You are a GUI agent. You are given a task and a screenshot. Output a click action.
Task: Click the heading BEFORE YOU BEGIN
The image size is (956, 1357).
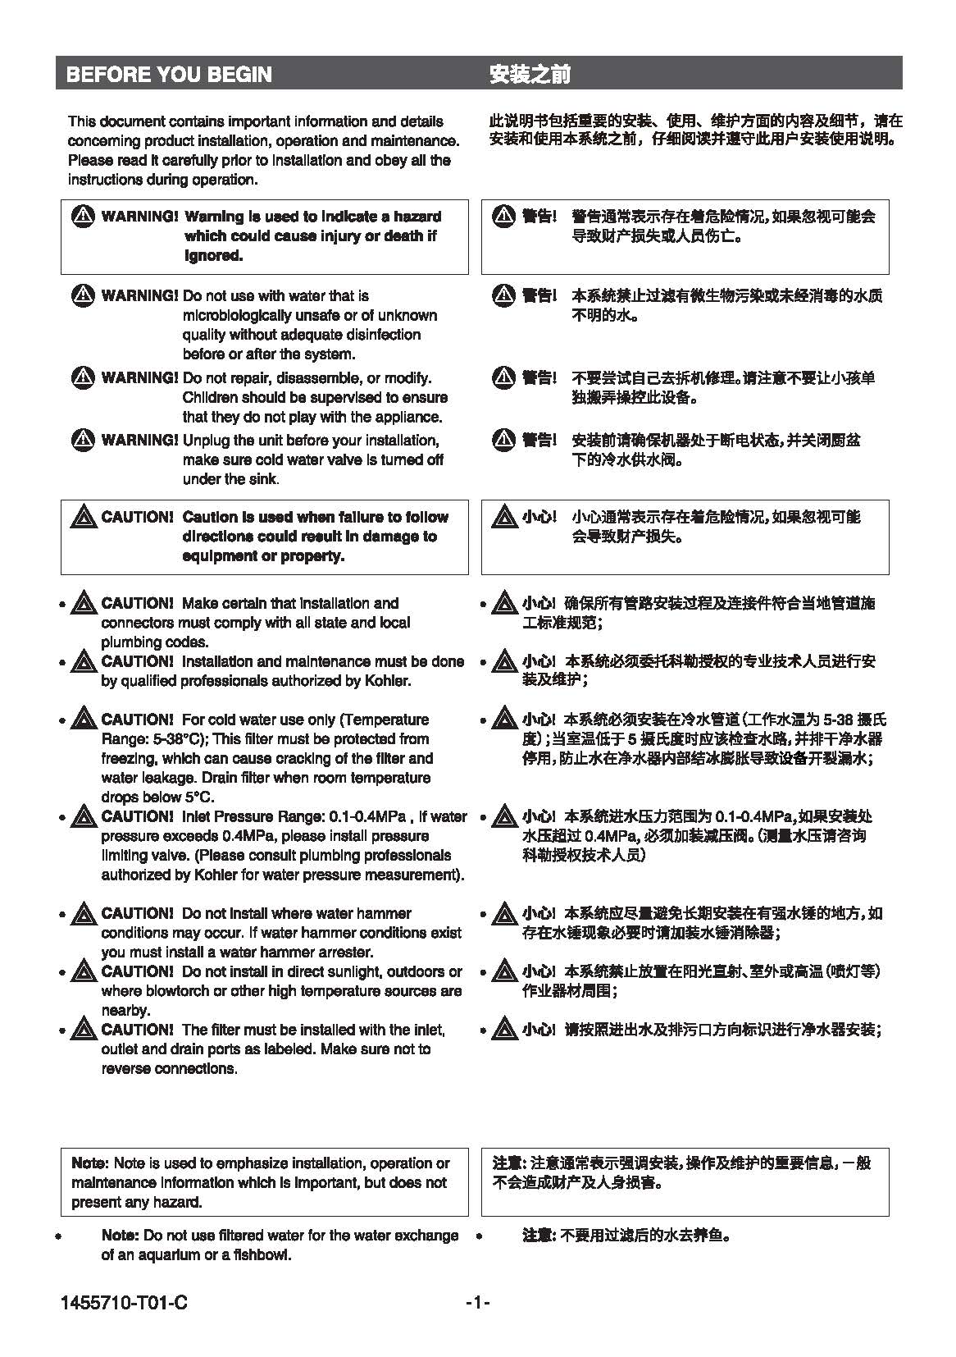pyautogui.click(x=168, y=75)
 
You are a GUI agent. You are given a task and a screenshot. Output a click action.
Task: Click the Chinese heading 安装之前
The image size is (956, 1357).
pyautogui.click(x=529, y=75)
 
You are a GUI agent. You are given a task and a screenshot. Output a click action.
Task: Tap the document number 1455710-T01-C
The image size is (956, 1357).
pyautogui.click(x=124, y=1303)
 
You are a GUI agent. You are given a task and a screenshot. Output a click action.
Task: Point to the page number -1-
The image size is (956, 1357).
pyautogui.click(x=477, y=1303)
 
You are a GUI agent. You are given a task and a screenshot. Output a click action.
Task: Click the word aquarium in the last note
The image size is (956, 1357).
pyautogui.click(x=156, y=1255)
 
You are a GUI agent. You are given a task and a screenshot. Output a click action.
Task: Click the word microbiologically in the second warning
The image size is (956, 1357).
pyautogui.click(x=234, y=316)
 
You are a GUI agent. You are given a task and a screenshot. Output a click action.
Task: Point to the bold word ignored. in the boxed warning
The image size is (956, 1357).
pyautogui.click(x=213, y=256)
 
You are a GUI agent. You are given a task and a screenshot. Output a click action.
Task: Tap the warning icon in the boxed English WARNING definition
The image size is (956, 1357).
pyautogui.click(x=84, y=217)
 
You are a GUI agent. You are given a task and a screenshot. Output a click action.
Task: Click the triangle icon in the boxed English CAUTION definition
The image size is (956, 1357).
pyautogui.click(x=84, y=517)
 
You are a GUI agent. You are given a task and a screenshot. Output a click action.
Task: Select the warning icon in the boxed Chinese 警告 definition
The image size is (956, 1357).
pyautogui.click(x=503, y=217)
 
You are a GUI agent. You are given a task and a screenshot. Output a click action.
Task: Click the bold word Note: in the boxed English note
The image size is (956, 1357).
pyautogui.click(x=89, y=1163)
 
